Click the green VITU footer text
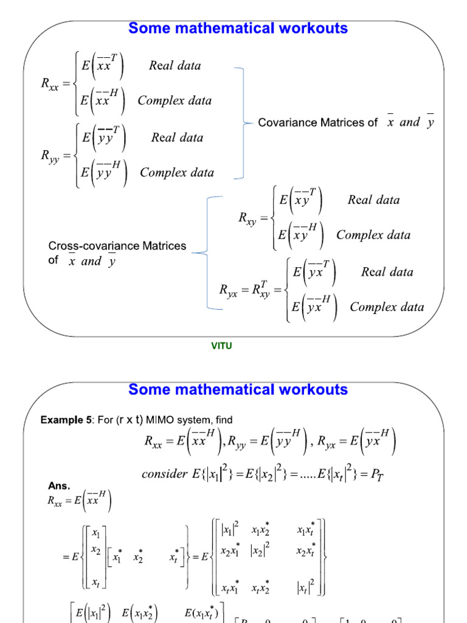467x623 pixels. (x=221, y=346)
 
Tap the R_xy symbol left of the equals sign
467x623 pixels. (x=247, y=218)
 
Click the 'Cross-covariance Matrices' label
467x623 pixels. (x=117, y=246)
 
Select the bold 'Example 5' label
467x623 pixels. (x=64, y=420)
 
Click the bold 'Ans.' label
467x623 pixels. (x=59, y=486)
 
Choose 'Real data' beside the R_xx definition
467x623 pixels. (x=175, y=66)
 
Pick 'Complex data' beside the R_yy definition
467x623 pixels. (x=177, y=173)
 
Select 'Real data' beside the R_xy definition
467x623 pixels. (x=373, y=200)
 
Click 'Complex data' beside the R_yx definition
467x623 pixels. (x=387, y=307)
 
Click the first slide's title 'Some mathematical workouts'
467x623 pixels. (x=238, y=29)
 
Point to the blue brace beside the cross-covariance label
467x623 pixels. (x=208, y=252)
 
